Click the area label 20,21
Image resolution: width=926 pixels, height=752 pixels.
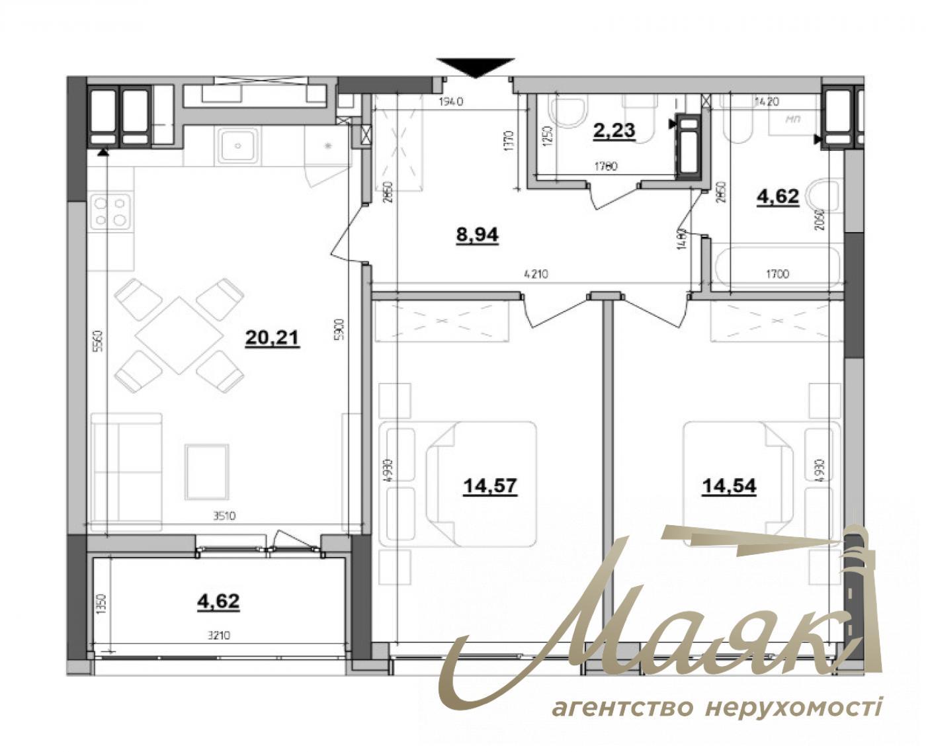pyautogui.click(x=272, y=339)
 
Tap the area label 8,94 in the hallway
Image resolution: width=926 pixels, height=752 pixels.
pyautogui.click(x=477, y=235)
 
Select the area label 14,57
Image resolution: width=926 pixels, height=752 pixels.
pyautogui.click(x=490, y=487)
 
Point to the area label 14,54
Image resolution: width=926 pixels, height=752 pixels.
pyautogui.click(x=729, y=487)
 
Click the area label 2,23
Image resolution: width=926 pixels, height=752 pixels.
pyautogui.click(x=614, y=130)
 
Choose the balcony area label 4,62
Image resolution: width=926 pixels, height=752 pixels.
pyautogui.click(x=218, y=601)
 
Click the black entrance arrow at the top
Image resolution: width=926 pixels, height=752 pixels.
pyautogui.click(x=475, y=67)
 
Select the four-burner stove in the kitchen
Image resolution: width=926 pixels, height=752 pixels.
pyautogui.click(x=110, y=211)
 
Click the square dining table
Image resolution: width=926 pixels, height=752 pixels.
pyautogui.click(x=179, y=335)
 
